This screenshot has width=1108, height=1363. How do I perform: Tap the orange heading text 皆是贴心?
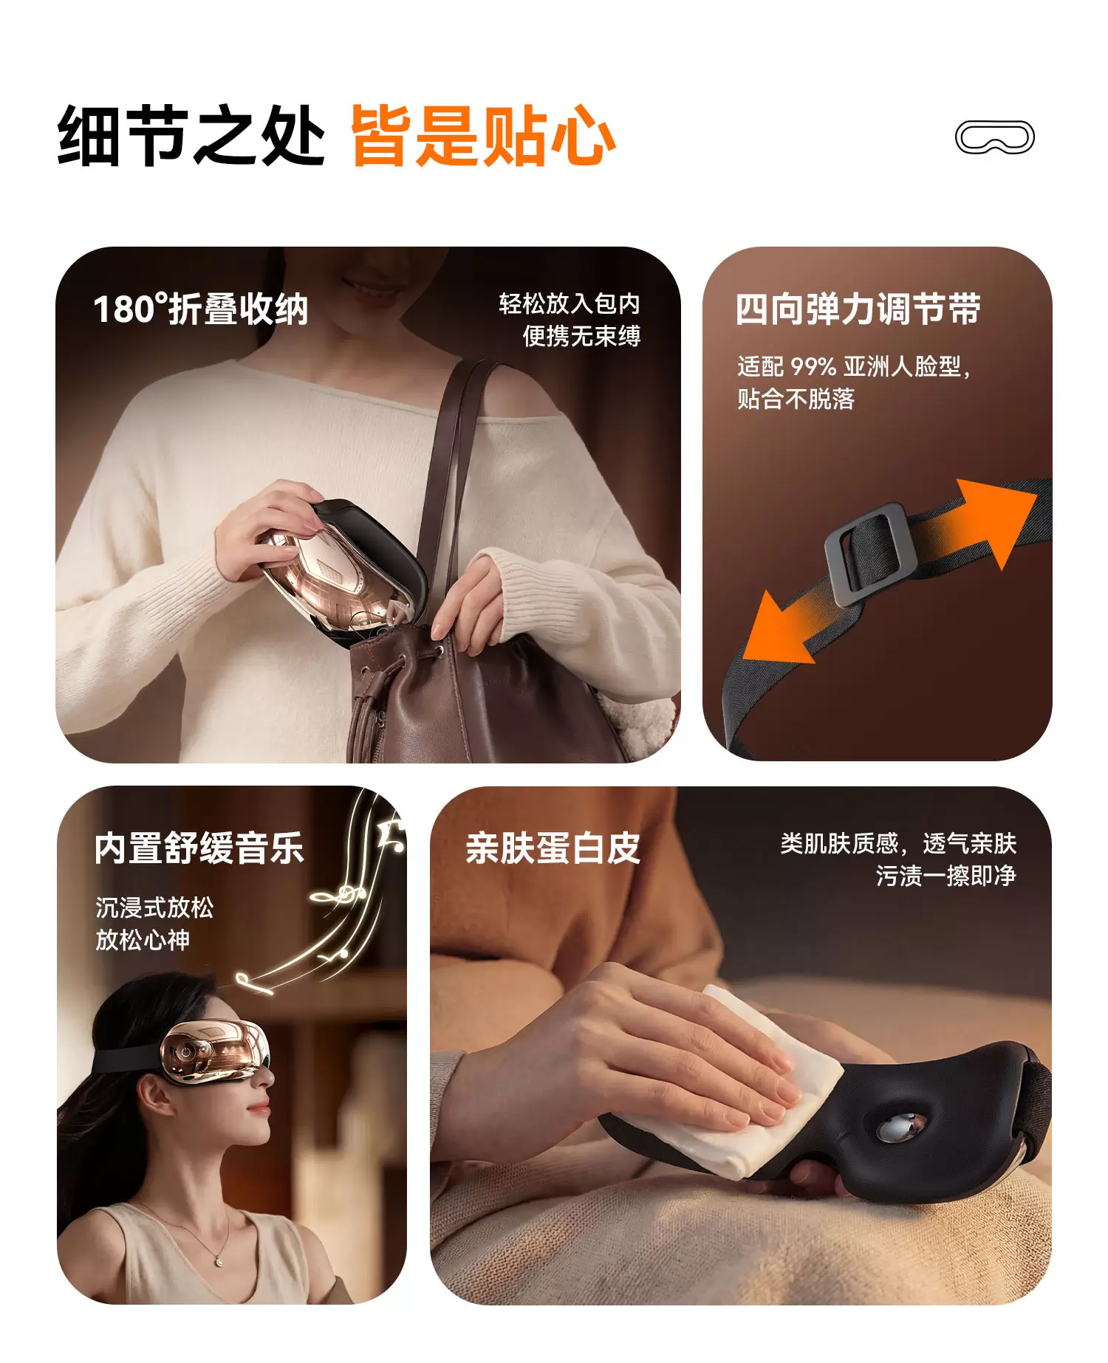point(483,136)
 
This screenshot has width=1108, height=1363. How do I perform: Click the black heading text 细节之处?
point(191,136)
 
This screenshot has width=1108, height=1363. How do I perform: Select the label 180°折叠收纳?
point(200,309)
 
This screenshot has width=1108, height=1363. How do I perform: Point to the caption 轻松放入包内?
point(570,303)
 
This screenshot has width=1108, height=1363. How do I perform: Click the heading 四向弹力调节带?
point(858,309)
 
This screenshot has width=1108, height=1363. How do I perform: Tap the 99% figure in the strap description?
point(813,366)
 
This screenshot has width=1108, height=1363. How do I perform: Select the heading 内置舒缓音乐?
point(199,848)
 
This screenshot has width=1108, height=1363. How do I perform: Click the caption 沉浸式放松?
point(154,907)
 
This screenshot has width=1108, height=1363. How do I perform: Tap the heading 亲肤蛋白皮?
point(553,848)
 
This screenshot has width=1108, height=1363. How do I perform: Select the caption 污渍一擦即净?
point(946,876)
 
